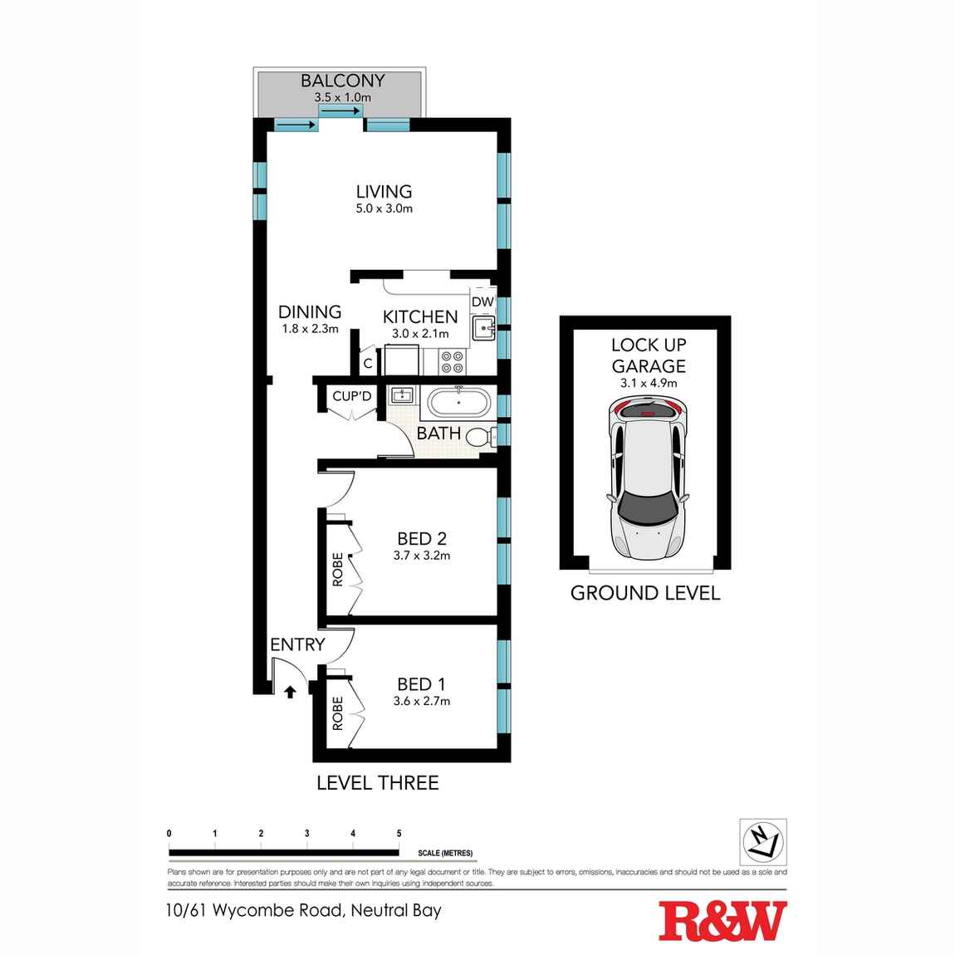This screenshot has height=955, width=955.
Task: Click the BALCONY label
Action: pyautogui.click(x=342, y=81)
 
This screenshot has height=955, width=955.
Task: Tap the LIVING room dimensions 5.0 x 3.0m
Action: pyautogui.click(x=384, y=208)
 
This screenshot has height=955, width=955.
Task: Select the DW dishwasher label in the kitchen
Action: pyautogui.click(x=482, y=302)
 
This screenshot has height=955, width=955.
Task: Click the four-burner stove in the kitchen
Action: pyautogui.click(x=452, y=361)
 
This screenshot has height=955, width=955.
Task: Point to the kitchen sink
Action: pyautogui.click(x=482, y=330)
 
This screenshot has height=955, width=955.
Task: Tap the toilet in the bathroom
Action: pyautogui.click(x=479, y=437)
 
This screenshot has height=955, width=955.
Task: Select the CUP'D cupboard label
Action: pyautogui.click(x=352, y=396)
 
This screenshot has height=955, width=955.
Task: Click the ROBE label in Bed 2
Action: pyautogui.click(x=338, y=570)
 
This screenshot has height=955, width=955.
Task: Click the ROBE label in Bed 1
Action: pyautogui.click(x=338, y=713)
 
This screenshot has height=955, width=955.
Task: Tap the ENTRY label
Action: pyautogui.click(x=297, y=644)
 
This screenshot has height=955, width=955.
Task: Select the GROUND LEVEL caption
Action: pyautogui.click(x=645, y=593)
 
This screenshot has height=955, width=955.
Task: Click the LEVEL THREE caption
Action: pyautogui.click(x=378, y=782)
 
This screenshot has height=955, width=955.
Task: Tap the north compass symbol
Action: pyautogui.click(x=762, y=841)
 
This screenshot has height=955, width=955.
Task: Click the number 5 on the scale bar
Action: pyautogui.click(x=399, y=834)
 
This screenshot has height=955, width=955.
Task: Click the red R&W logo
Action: pyautogui.click(x=722, y=921)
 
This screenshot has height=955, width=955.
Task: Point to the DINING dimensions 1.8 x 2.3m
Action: pyautogui.click(x=310, y=329)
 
